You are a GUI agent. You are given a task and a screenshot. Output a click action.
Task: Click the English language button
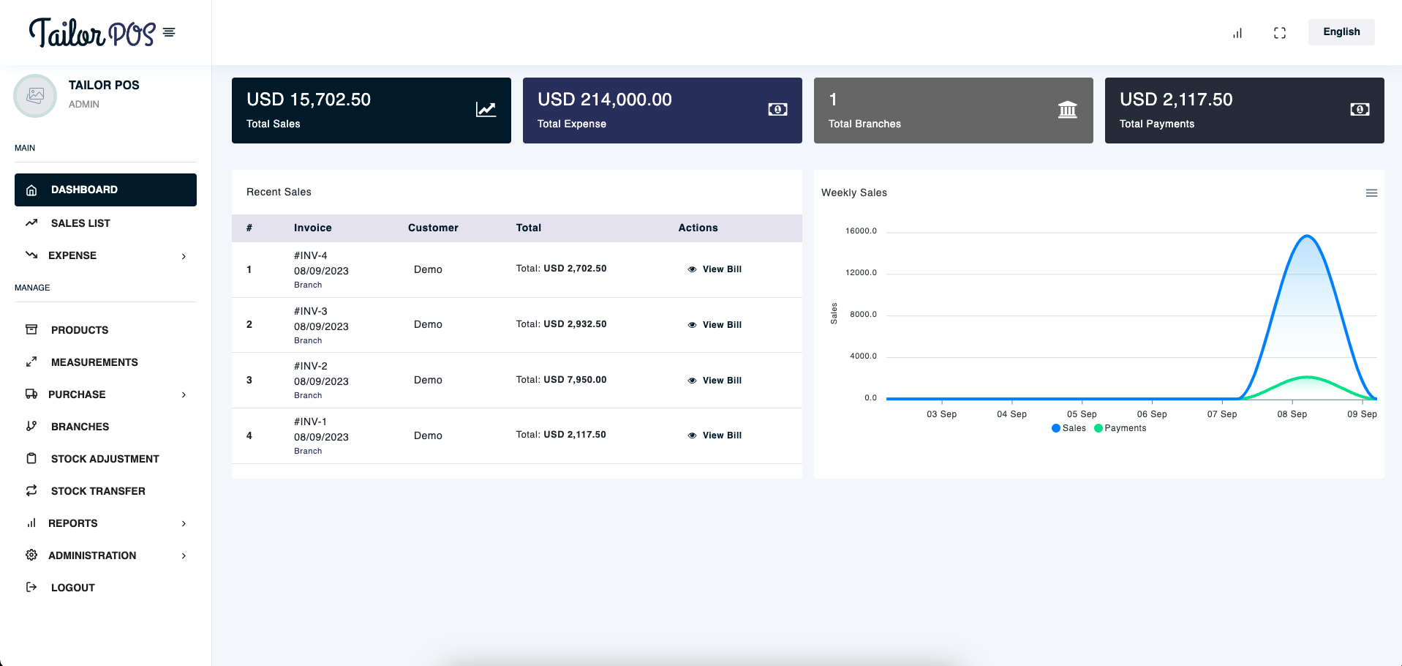[1341, 32]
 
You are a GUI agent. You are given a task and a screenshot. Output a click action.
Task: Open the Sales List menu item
[80, 223]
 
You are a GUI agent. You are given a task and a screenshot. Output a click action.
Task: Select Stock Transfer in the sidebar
[98, 491]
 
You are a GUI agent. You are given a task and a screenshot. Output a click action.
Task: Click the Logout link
[72, 588]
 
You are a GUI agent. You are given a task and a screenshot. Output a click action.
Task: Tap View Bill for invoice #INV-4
[715, 269]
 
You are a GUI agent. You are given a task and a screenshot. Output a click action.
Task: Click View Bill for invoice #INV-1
[715, 435]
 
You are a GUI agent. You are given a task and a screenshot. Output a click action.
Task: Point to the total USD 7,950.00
[575, 380]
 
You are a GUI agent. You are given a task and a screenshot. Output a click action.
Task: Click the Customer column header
[433, 228]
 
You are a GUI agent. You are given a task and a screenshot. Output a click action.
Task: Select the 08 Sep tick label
[1292, 414]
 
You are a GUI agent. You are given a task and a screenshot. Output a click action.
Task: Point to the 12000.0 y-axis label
[861, 273]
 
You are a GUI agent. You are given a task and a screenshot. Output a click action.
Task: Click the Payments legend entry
[1120, 428]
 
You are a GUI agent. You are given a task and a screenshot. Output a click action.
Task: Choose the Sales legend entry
[1069, 428]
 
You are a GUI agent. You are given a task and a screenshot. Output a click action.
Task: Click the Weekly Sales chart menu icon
[1371, 193]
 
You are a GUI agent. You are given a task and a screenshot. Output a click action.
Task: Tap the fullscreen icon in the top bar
[1279, 33]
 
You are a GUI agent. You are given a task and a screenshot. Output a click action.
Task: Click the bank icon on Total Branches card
[1067, 110]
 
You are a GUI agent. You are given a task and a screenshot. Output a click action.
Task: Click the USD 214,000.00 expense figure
[604, 100]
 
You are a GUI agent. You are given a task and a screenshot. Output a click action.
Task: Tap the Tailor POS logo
[92, 33]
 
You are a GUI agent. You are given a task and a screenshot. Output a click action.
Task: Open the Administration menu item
[92, 555]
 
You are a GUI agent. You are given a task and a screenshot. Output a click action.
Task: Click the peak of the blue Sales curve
[1306, 236]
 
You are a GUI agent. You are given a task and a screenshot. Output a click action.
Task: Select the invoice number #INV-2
[311, 366]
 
